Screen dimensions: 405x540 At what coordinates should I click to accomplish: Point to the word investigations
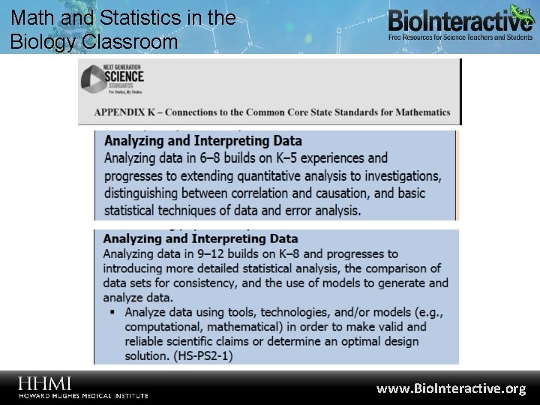(397, 175)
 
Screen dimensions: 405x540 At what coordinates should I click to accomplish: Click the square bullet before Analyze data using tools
(112, 312)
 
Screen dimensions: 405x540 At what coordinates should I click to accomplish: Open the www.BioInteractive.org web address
(451, 388)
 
